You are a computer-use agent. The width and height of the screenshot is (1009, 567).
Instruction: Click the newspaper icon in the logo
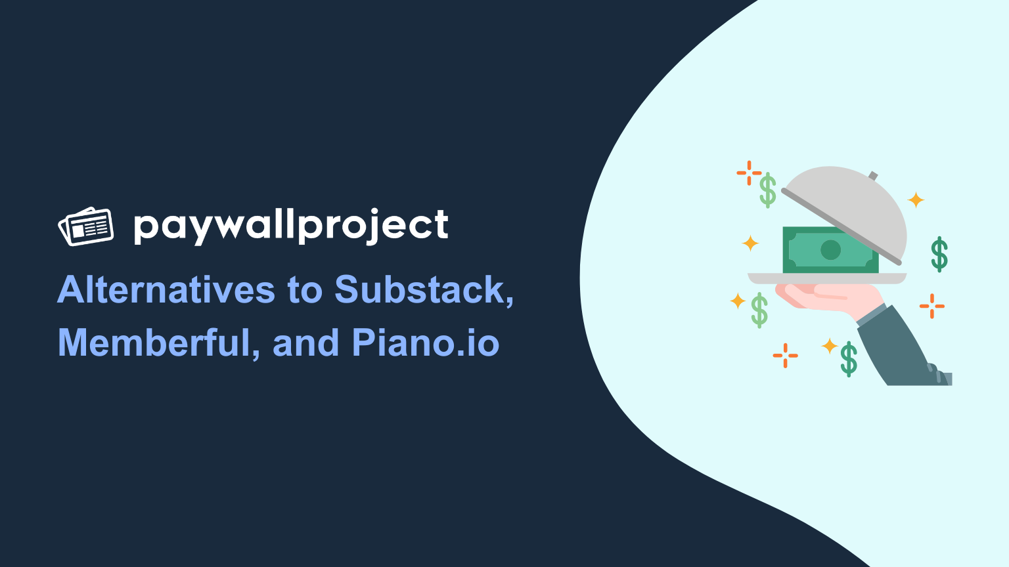click(x=85, y=226)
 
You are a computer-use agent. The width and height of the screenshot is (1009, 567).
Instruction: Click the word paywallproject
click(x=291, y=227)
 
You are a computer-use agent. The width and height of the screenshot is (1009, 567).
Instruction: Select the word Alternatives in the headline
click(x=166, y=289)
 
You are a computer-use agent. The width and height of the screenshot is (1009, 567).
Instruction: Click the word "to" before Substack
click(x=305, y=290)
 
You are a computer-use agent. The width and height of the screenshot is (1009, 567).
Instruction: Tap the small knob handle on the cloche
click(x=873, y=175)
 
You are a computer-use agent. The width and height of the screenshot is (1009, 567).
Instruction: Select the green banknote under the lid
click(x=830, y=250)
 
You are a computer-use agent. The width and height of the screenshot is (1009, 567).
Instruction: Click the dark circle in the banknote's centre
click(x=830, y=250)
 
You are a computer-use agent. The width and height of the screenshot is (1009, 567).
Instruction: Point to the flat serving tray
click(x=827, y=278)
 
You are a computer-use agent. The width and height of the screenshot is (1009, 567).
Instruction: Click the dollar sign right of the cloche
click(x=939, y=254)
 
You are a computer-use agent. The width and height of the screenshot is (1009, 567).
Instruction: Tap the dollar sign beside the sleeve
click(x=849, y=359)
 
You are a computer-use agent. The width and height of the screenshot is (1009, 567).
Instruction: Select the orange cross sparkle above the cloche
click(x=749, y=173)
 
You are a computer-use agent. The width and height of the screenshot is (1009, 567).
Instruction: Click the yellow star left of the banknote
click(x=750, y=243)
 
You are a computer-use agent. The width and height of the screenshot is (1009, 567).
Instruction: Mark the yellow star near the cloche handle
click(x=916, y=199)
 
